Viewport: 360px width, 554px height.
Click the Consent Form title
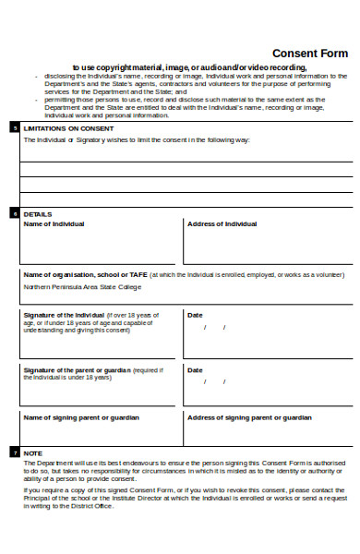click(x=309, y=54)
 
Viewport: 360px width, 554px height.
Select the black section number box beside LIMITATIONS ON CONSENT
click(x=14, y=127)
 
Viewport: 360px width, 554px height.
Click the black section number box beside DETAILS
click(x=14, y=213)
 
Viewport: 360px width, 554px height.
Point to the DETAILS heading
click(x=37, y=213)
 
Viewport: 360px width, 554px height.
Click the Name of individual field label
click(x=54, y=224)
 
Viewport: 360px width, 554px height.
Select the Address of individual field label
click(x=222, y=224)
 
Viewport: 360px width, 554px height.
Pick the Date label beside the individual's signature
click(x=195, y=315)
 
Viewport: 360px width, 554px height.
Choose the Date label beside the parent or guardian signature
click(x=195, y=370)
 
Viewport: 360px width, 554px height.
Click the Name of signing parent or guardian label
click(x=80, y=417)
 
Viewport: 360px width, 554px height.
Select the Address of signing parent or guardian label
click(x=249, y=417)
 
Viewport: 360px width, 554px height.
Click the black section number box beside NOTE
click(x=14, y=453)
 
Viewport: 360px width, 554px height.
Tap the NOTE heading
click(x=32, y=453)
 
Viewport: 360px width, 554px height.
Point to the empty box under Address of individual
click(x=268, y=247)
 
